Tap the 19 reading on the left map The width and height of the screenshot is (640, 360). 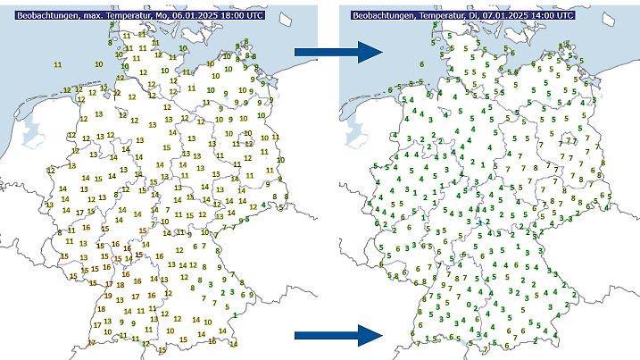coord(108,296)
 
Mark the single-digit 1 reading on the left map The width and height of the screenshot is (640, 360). coord(234,314)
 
